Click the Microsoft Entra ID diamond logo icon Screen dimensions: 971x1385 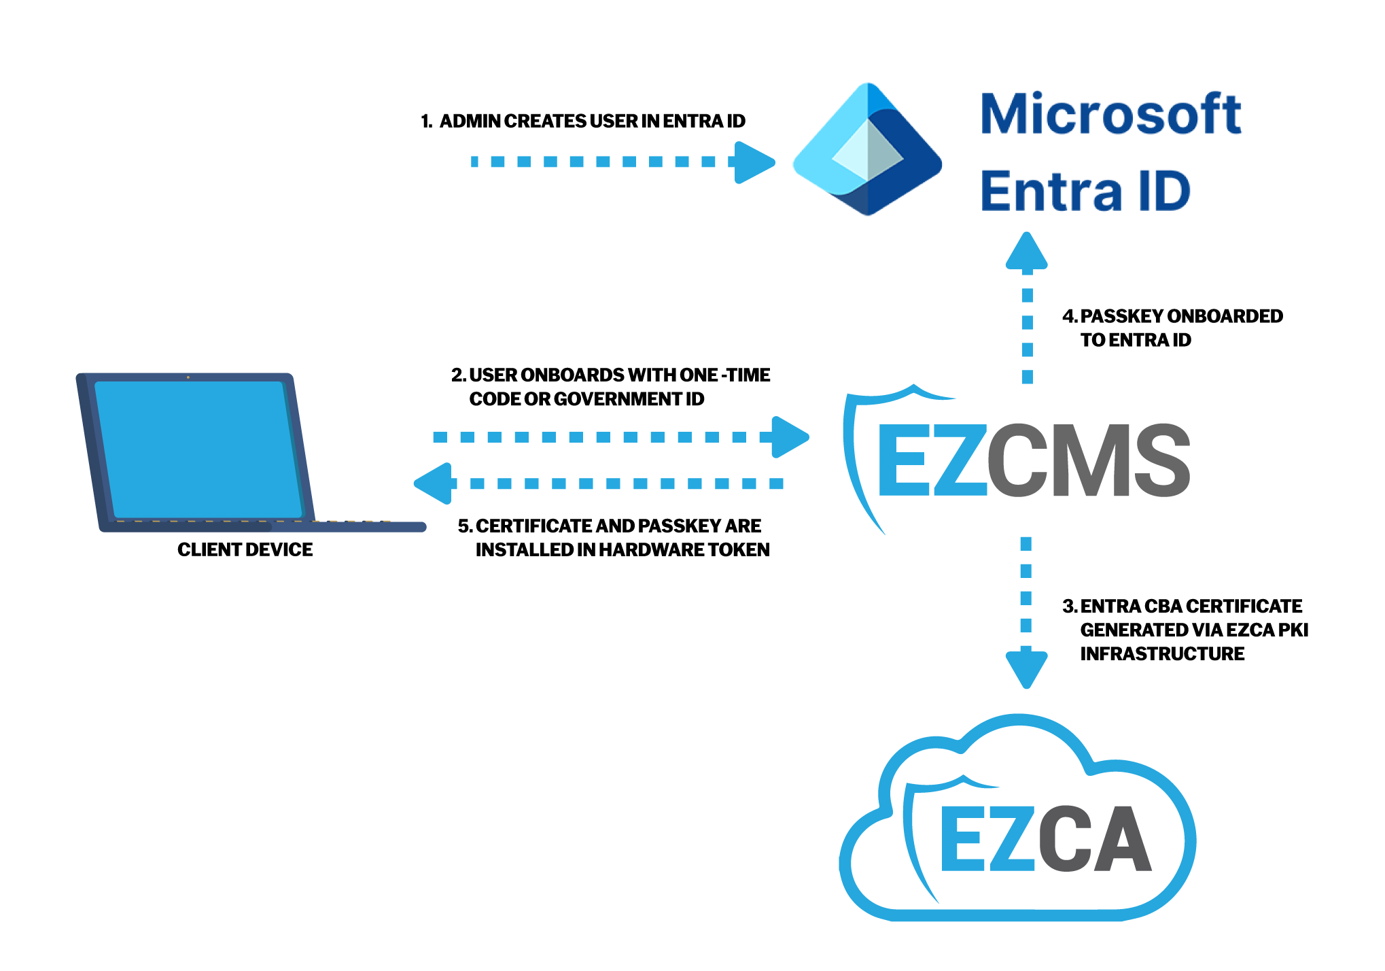[x=867, y=150]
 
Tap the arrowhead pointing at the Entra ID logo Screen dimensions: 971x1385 [x=754, y=162]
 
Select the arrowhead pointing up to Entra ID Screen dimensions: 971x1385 [x=1027, y=252]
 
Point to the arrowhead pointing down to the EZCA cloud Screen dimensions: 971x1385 [x=1026, y=668]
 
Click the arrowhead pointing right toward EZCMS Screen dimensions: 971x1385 [x=789, y=437]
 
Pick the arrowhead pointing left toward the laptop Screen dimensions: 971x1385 [x=434, y=483]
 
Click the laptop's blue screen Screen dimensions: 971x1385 [x=197, y=449]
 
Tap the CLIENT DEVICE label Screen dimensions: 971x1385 [x=245, y=549]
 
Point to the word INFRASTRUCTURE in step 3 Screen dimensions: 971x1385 [x=1162, y=653]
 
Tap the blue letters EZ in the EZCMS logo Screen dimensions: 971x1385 [x=931, y=460]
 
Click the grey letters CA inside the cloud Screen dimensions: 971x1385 [x=1094, y=839]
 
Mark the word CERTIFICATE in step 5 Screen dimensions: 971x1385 [x=533, y=526]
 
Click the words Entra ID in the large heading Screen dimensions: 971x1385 [x=1085, y=192]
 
